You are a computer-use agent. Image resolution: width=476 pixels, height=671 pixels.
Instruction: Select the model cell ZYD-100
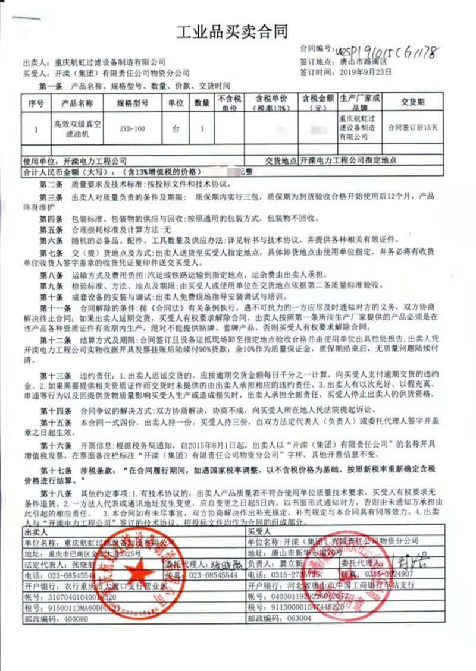(x=130, y=127)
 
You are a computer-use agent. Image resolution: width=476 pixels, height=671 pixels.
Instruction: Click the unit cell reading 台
(x=175, y=127)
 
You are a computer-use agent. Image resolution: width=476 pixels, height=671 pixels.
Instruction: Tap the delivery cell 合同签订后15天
(x=413, y=127)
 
